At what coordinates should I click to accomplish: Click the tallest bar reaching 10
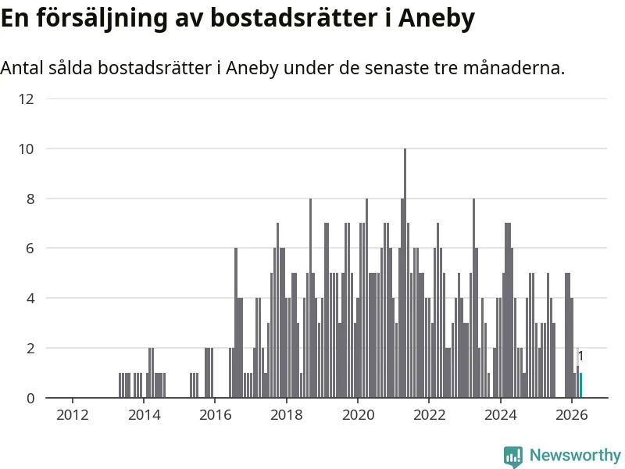point(405,273)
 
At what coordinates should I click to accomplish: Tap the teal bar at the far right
point(580,385)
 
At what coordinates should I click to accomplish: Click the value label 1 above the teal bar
point(580,356)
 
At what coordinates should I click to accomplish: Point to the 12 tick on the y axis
point(27,99)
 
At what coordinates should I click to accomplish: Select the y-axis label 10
point(27,149)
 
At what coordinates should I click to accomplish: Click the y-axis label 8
point(30,199)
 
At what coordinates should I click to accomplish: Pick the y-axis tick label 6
point(30,249)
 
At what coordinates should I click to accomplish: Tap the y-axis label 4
point(30,299)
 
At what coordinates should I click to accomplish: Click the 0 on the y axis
point(30,398)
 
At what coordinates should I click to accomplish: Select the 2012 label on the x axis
point(72,415)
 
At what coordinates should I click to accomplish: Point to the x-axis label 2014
point(144,415)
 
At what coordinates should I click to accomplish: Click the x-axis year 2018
point(287,415)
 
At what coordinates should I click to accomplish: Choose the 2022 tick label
point(429,415)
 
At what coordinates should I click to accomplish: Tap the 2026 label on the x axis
point(572,415)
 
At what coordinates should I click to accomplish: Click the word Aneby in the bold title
point(437,18)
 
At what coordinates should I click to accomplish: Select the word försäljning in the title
point(102,18)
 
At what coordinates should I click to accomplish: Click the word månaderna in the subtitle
point(514,68)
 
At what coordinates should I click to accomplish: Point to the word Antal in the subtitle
point(22,68)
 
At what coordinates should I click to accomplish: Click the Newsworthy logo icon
point(513,456)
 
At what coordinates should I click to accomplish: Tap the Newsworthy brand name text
point(575,455)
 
